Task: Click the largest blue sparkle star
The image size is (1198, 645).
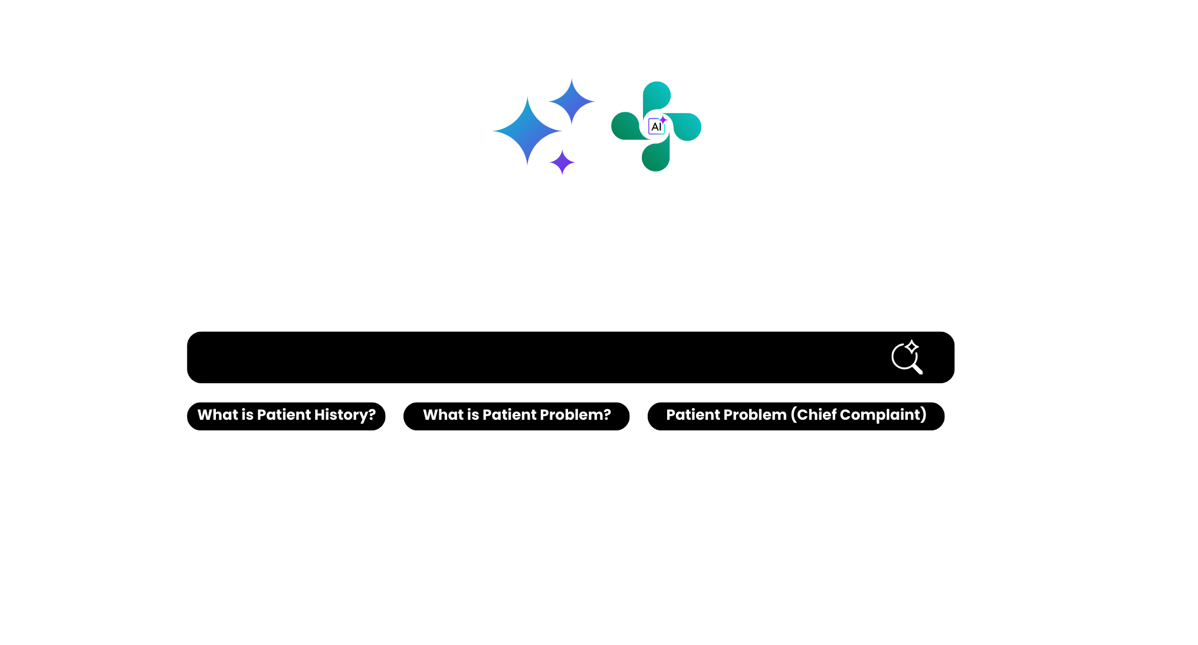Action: [x=527, y=131]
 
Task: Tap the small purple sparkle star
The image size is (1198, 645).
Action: [x=562, y=162]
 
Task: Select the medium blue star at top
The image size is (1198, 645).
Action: [x=572, y=101]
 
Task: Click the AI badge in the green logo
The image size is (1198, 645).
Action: [x=657, y=126]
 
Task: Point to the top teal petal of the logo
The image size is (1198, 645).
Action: [x=656, y=97]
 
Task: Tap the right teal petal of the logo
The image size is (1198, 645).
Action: [x=686, y=126]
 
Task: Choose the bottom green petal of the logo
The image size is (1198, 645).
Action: [x=656, y=156]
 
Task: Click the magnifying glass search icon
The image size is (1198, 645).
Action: [x=907, y=357]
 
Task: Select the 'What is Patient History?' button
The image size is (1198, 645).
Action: [x=286, y=416]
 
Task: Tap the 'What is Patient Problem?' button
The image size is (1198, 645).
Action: [x=516, y=416]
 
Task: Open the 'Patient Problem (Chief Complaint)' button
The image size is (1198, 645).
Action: [x=796, y=416]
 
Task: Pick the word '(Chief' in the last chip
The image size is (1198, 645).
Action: [x=813, y=415]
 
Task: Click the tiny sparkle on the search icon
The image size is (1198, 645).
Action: [x=912, y=347]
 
